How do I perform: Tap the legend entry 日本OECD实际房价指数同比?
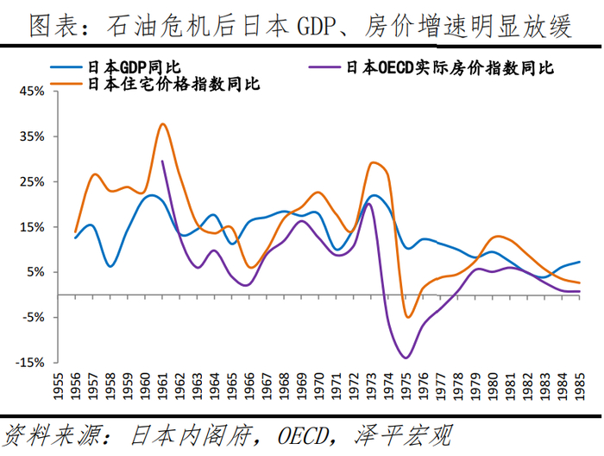(448, 66)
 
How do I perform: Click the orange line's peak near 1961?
(162, 123)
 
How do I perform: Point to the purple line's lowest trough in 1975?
(406, 358)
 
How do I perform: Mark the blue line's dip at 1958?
(110, 266)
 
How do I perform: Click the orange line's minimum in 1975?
(408, 317)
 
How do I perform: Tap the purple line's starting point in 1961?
(162, 161)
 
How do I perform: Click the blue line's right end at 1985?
(579, 262)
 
